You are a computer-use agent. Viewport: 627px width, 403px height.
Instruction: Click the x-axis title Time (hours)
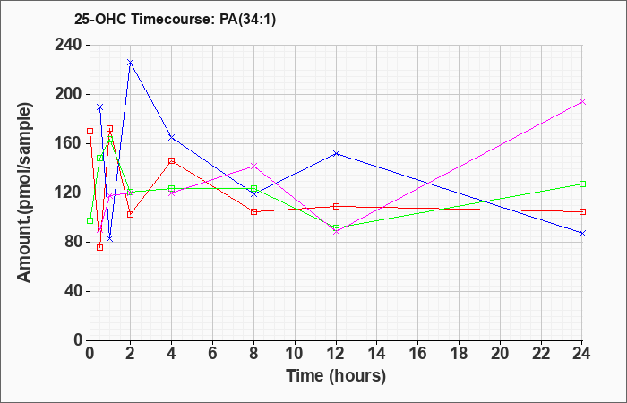(x=336, y=375)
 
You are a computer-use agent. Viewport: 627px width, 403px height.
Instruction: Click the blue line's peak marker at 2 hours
(x=130, y=63)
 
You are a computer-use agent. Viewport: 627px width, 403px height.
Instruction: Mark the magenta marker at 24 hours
(x=582, y=101)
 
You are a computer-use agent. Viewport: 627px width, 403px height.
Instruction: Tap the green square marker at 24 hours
(x=582, y=184)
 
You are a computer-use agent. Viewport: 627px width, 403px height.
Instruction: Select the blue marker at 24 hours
(x=582, y=233)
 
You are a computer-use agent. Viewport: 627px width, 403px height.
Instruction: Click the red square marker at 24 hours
(x=582, y=211)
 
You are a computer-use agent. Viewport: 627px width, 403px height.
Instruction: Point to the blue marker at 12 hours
(x=336, y=153)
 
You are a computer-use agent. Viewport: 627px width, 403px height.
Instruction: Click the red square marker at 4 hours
(x=171, y=160)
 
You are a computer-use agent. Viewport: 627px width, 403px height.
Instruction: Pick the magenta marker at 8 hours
(x=253, y=166)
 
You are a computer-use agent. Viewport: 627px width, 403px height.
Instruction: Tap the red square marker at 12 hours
(x=336, y=206)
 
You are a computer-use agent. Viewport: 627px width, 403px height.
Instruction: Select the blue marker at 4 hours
(x=171, y=137)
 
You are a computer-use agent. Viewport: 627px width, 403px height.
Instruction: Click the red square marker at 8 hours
(x=253, y=211)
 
